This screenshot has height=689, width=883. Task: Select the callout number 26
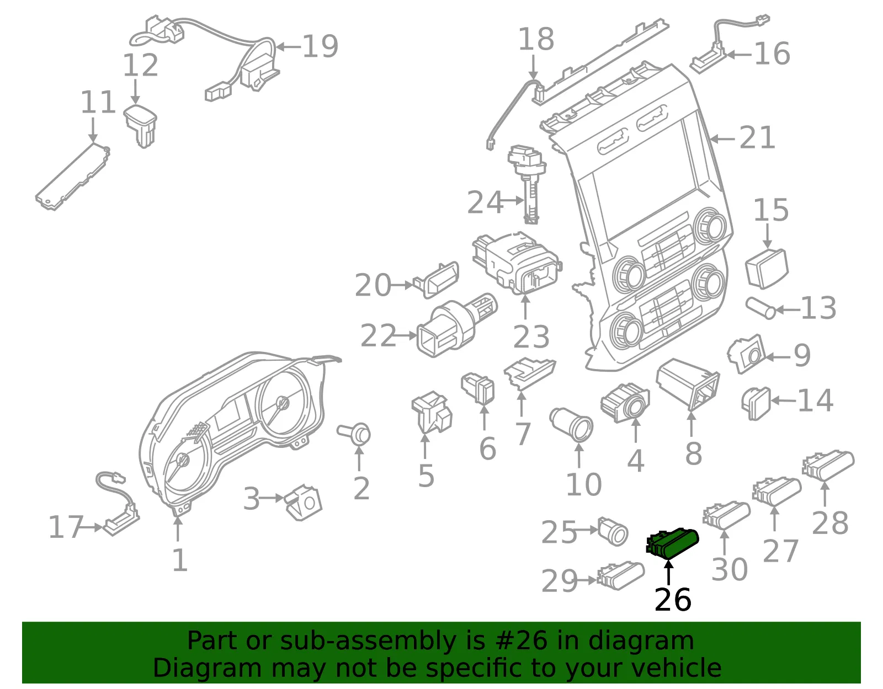(x=673, y=599)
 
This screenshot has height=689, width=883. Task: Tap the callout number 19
(x=320, y=46)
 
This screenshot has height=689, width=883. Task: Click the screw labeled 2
(x=354, y=434)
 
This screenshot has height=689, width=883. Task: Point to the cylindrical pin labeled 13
(x=760, y=308)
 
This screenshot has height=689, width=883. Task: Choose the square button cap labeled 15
(x=767, y=268)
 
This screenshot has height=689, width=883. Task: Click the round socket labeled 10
(x=571, y=425)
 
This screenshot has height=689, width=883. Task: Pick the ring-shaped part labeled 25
(x=613, y=531)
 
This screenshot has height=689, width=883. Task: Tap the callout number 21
(x=757, y=137)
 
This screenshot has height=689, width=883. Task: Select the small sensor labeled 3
(x=303, y=502)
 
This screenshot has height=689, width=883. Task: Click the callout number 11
(x=98, y=102)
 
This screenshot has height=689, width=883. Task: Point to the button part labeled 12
(x=141, y=125)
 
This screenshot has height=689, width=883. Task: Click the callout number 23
(x=531, y=337)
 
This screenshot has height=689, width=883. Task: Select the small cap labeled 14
(x=756, y=404)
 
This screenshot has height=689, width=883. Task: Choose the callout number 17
(x=66, y=527)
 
